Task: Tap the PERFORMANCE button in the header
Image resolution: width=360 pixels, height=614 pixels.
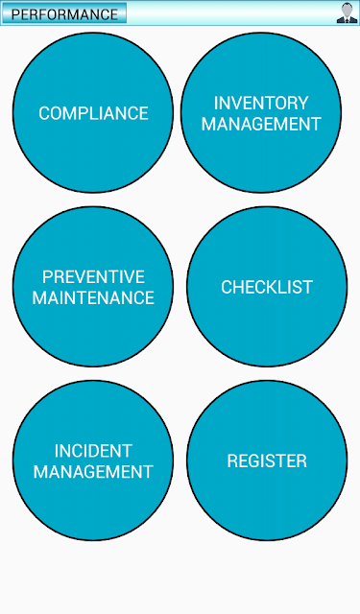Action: point(64,13)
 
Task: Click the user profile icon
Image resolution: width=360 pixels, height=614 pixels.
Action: point(347,12)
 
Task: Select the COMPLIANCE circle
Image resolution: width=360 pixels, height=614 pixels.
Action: point(93,112)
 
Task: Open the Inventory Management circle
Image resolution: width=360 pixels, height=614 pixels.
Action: point(261,112)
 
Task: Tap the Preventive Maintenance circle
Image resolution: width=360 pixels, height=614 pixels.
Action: point(93,287)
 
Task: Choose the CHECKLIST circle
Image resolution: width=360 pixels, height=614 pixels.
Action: point(267,287)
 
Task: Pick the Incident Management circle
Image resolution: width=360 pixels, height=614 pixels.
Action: point(93,460)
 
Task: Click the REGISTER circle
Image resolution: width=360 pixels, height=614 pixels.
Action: point(267,460)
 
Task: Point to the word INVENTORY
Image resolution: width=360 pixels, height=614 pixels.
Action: point(261,103)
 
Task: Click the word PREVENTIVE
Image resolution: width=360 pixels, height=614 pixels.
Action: point(93,277)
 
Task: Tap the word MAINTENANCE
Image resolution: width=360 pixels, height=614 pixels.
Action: point(93,297)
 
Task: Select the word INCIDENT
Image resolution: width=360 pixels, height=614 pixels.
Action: point(93,451)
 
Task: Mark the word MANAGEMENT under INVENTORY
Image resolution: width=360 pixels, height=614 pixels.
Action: point(261,124)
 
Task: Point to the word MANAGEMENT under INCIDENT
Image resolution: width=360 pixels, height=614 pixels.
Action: point(93,471)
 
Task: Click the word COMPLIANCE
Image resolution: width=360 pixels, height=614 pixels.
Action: point(93,113)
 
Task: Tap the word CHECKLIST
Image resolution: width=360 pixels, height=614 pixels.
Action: point(267,287)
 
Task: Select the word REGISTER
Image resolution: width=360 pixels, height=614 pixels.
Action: point(267,460)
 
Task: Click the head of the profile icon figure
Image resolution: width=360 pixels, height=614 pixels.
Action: point(348,10)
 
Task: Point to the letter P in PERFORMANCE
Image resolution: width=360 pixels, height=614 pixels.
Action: point(15,14)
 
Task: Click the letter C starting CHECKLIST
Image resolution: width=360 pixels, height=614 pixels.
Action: point(227,287)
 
